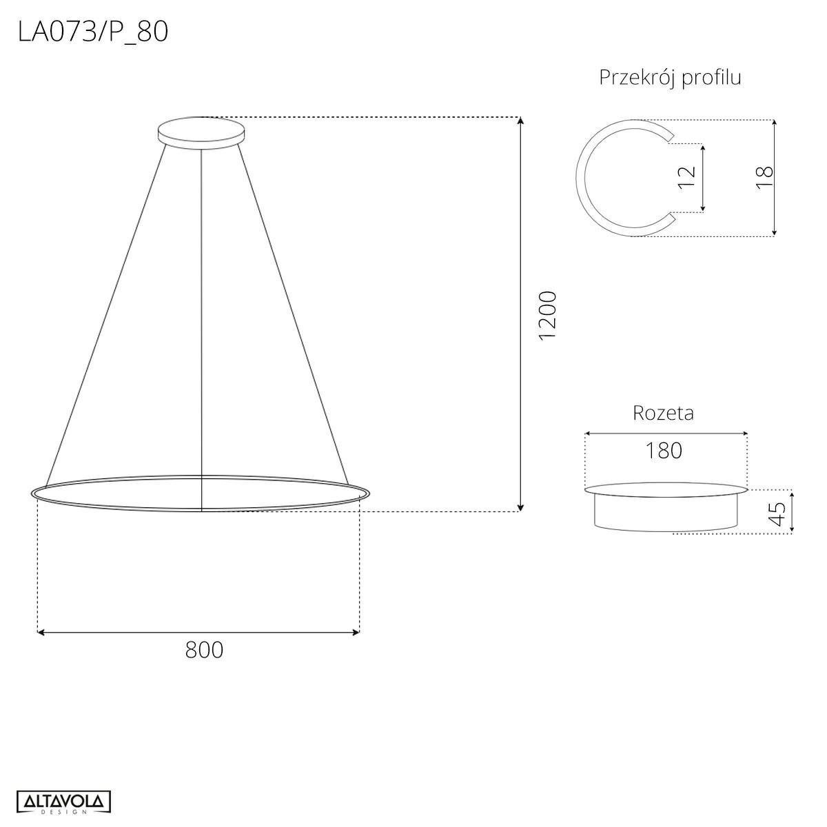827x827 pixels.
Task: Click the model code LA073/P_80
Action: point(93,32)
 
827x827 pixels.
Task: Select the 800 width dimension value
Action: point(204,649)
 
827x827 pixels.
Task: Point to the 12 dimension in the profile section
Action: point(687,178)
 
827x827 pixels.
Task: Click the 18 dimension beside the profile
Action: point(764,178)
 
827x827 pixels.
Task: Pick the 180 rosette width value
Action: point(664,451)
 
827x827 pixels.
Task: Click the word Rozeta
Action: point(663,413)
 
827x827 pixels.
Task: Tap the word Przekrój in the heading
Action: point(637,77)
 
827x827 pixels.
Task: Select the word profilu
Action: point(711,77)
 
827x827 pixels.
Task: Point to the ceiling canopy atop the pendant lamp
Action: point(201,131)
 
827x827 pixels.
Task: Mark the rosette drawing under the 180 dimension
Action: point(666,509)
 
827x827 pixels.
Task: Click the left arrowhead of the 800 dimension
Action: point(41,631)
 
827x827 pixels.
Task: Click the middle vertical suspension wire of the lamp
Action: point(201,310)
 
